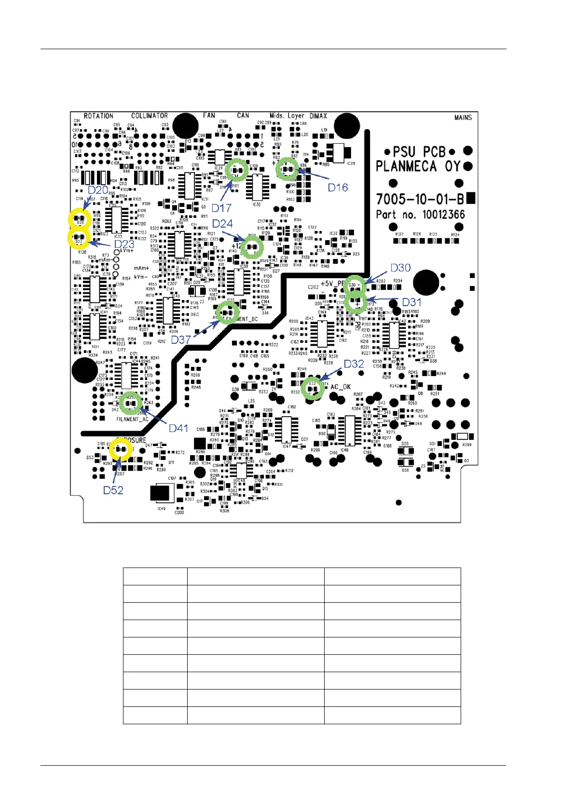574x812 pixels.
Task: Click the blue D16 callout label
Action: [x=338, y=188]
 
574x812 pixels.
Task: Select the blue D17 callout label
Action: [x=221, y=208]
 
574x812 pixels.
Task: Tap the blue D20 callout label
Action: [x=98, y=190]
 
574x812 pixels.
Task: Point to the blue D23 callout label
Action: [x=124, y=244]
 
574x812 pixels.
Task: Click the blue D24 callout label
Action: [x=222, y=224]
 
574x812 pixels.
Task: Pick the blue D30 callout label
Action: [x=400, y=268]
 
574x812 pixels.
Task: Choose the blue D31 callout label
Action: [x=411, y=302]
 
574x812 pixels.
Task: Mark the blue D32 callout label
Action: [x=354, y=364]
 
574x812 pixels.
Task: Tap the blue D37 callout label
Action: [x=181, y=339]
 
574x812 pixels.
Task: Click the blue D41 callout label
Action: [x=178, y=428]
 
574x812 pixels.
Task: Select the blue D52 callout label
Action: [x=113, y=490]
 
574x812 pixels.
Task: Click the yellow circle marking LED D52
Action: [x=121, y=450]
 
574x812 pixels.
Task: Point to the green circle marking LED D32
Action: [x=313, y=387]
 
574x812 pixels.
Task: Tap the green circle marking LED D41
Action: [x=130, y=403]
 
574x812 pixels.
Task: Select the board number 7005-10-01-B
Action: [x=420, y=199]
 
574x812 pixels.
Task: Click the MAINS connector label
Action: [x=463, y=117]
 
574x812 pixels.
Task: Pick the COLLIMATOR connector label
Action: [x=150, y=116]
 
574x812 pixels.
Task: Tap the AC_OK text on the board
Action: [x=341, y=387]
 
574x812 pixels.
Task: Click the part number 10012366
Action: [x=443, y=215]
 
